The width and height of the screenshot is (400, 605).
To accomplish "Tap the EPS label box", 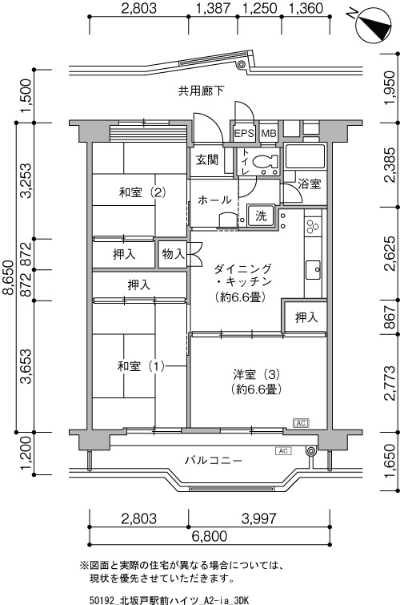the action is coord(244,134).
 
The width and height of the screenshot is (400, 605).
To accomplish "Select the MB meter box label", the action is coord(269,134).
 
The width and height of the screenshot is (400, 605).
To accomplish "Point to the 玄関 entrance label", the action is coord(207,160).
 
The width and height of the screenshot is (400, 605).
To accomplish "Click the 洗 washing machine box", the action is coord(261,216).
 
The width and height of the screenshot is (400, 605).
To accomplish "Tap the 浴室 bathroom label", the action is coord(310,184).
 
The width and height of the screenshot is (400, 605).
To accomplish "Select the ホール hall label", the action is coord(214,200).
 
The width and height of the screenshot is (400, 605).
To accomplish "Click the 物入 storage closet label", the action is coord(174,253).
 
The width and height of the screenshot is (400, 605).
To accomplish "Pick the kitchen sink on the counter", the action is coord(313,269).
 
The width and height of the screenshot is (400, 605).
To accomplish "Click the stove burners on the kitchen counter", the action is coord(313,227).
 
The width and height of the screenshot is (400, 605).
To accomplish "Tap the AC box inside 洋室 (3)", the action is coord(301,423).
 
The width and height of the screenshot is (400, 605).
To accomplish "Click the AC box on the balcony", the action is coord(283,450).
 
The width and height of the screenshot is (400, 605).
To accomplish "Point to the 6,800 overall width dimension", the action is coord(210,536).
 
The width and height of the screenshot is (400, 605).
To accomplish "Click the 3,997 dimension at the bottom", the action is coord(259,518).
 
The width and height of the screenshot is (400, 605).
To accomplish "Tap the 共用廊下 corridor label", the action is coord(201,91).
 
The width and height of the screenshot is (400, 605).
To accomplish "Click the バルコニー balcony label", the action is coord(214,461).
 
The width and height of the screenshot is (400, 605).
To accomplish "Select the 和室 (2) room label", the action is coord(142,192).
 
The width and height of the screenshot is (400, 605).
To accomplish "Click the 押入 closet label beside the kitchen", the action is coord(306,317).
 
